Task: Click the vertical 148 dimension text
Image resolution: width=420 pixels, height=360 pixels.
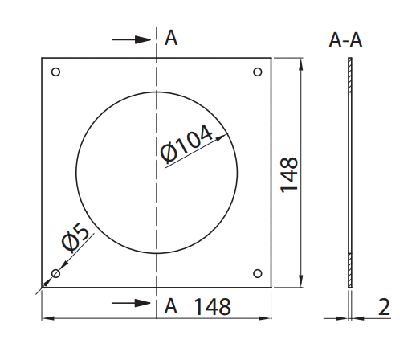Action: click(289, 174)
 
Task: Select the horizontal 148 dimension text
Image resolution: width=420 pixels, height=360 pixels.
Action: click(212, 306)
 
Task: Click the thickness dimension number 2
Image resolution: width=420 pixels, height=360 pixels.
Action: click(384, 307)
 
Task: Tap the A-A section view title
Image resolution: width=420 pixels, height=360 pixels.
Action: click(345, 40)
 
